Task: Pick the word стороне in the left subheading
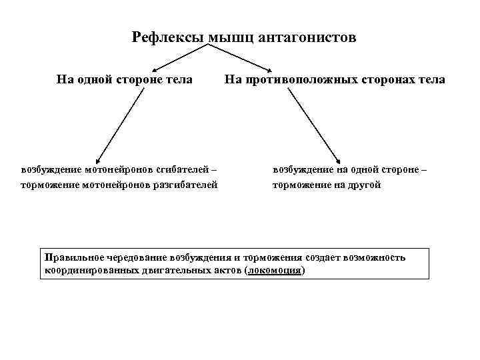pos(141,80)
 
